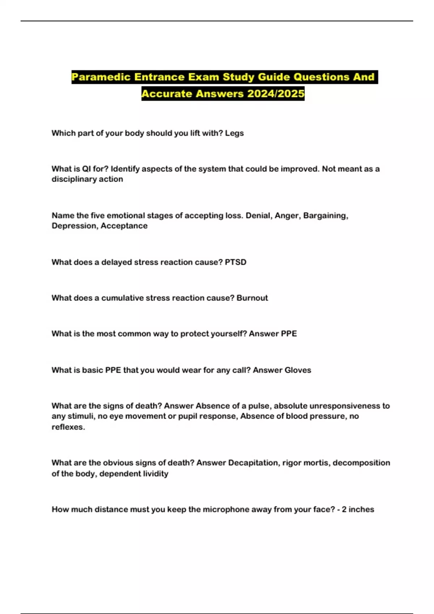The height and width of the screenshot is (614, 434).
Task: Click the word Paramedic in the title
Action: pos(101,77)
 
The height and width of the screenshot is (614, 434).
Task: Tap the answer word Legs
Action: pos(234,133)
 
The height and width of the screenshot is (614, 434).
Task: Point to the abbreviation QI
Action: pos(86,169)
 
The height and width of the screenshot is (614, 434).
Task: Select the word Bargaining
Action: pos(325,216)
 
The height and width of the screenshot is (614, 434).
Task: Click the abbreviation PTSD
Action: pos(235,262)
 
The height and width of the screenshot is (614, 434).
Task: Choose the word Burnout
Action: pos(252,298)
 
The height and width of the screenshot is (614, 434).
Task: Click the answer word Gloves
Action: pos(298,370)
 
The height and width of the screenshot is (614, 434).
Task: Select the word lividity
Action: pos(154,474)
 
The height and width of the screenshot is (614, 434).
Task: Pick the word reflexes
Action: pos(68,427)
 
